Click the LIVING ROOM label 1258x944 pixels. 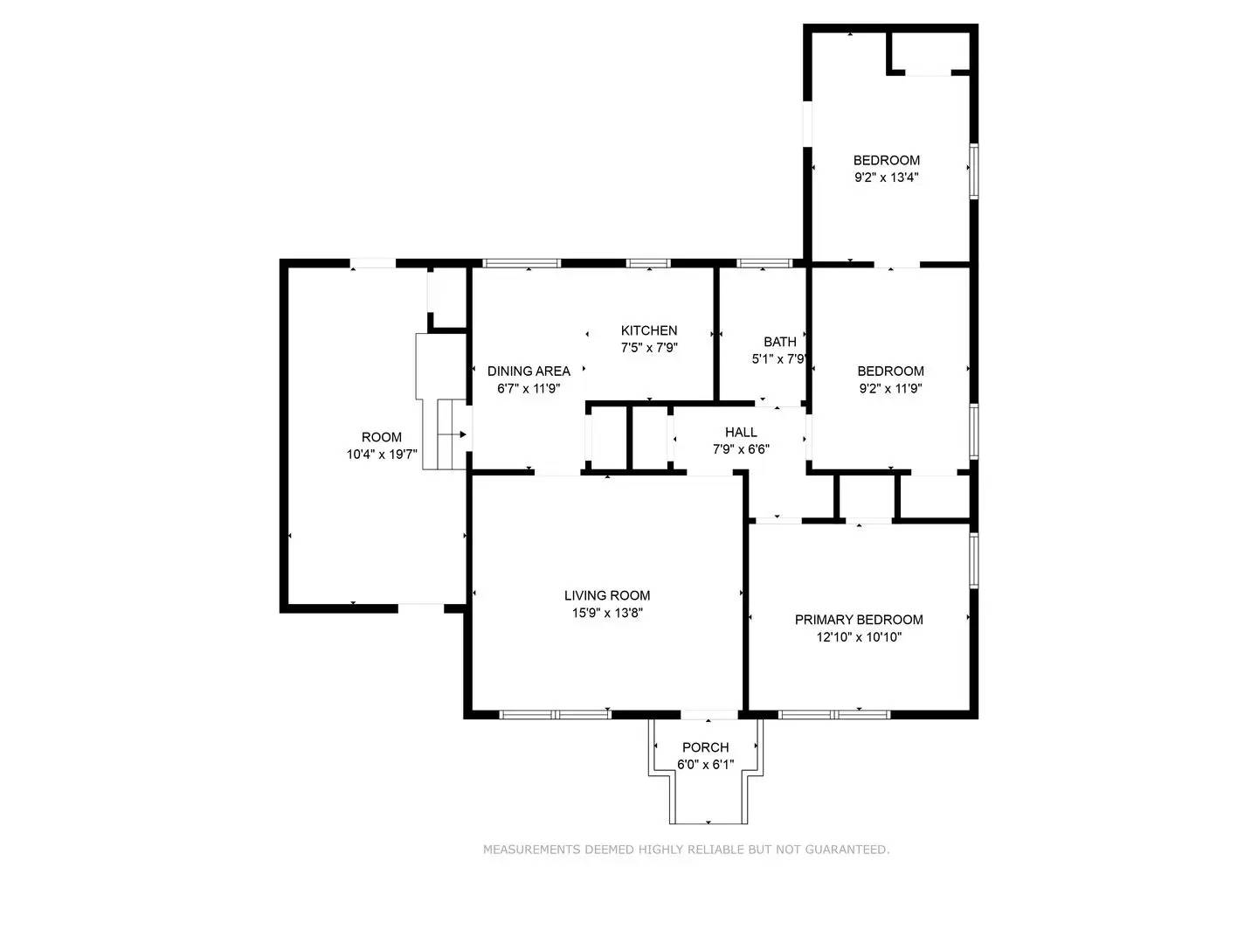tap(606, 596)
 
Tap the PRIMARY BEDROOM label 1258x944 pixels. tap(858, 620)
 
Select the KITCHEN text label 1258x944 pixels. tap(648, 330)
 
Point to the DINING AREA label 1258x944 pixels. tap(529, 371)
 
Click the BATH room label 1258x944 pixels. tap(779, 342)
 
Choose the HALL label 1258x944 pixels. tap(741, 433)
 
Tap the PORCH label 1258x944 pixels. tap(705, 747)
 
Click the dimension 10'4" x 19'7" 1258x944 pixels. tap(382, 455)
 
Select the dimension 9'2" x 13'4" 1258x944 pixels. tap(886, 177)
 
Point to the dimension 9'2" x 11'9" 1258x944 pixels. tap(890, 388)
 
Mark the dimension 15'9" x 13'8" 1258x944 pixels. tap(606, 614)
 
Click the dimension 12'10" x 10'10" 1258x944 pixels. tap(858, 637)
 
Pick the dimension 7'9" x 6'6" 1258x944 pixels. tap(741, 449)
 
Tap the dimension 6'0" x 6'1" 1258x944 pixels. tap(705, 765)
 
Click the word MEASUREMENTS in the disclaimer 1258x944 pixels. tap(532, 850)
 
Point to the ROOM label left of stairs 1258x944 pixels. tap(382, 437)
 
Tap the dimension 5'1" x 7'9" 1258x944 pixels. tap(778, 359)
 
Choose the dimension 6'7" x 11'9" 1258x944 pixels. tap(529, 389)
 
